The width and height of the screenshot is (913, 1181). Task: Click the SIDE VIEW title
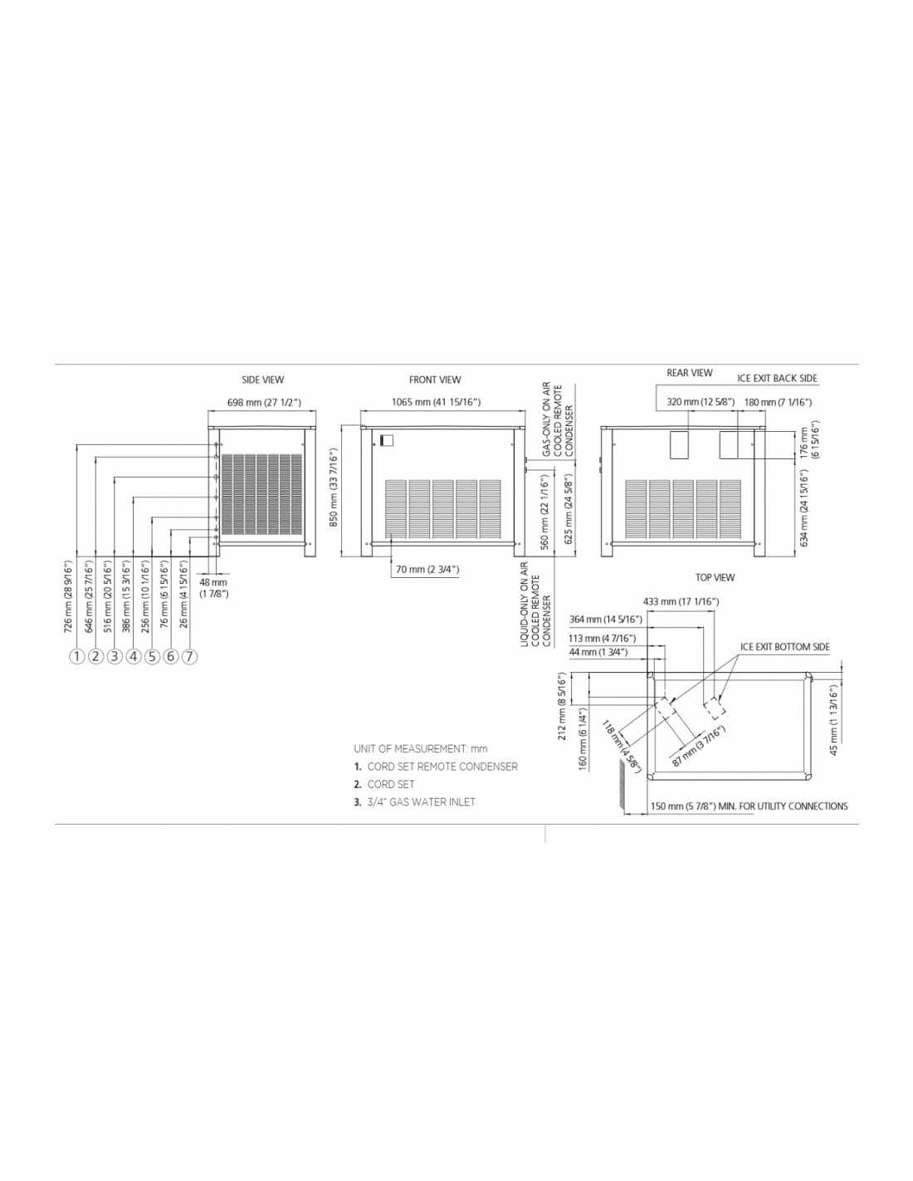tap(262, 380)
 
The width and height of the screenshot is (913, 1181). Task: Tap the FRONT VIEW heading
tap(434, 380)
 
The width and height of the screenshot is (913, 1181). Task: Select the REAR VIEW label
tap(689, 372)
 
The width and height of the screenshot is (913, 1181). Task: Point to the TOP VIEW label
tap(715, 577)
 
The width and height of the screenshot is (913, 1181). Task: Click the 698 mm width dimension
tap(263, 402)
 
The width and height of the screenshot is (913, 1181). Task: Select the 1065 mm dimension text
tap(436, 402)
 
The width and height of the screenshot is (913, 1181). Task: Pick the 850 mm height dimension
tap(334, 487)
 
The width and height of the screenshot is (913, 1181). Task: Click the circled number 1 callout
tap(78, 657)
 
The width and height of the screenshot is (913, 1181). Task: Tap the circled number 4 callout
tap(134, 657)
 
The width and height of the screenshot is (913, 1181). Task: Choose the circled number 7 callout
tap(189, 657)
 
